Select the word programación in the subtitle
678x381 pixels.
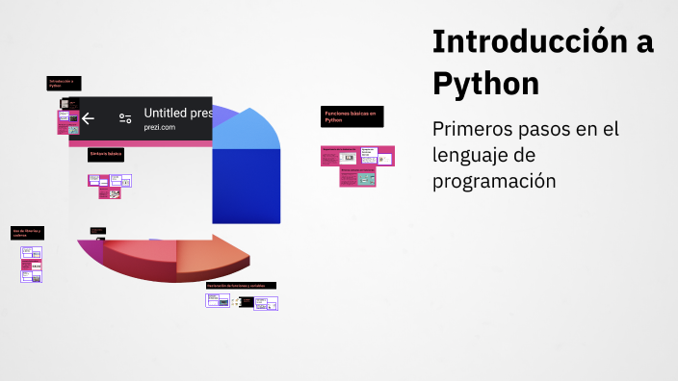[x=494, y=180]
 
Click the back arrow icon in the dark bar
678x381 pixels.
[x=88, y=118]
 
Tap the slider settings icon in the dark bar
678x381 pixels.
[x=125, y=118]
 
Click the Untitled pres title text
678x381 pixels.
[x=177, y=113]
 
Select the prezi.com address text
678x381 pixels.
[x=160, y=128]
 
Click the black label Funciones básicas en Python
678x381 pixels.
[x=352, y=116]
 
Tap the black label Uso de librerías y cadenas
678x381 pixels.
[x=27, y=233]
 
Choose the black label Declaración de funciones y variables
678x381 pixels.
[x=241, y=286]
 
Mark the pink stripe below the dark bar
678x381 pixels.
[x=140, y=143]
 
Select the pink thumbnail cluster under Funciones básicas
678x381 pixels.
[x=357, y=165]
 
